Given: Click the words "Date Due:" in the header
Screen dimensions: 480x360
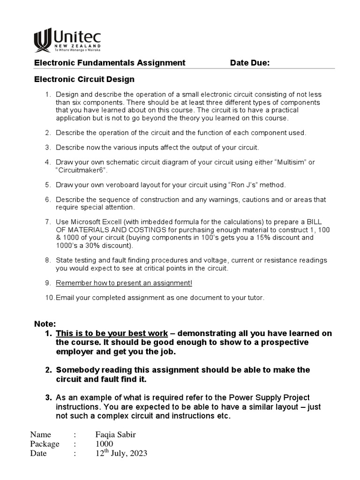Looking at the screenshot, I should pos(249,63).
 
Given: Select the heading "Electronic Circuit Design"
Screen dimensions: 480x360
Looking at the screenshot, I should pos(84,79).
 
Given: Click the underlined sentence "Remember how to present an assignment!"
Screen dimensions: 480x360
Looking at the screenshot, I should pos(124,283).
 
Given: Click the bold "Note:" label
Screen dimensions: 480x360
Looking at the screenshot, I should pos(45,324).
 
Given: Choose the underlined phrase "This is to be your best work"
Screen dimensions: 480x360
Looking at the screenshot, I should pos(112,333).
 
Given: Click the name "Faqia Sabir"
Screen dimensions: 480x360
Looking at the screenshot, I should pos(115,435).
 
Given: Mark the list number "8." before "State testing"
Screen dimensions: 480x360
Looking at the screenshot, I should pos(48,260).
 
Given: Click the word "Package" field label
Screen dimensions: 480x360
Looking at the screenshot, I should pos(45,444).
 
